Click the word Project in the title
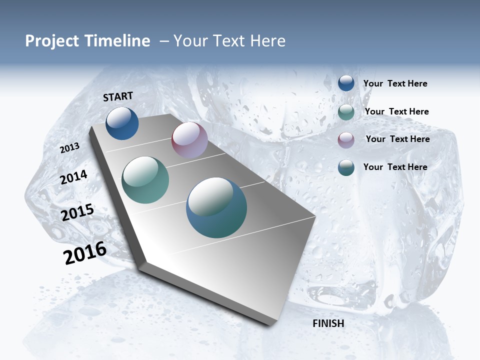[51, 41]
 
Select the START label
[118, 96]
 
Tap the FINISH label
[328, 323]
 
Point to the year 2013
[70, 148]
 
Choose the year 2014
[74, 177]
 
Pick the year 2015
[77, 212]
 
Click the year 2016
[85, 253]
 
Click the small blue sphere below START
[122, 123]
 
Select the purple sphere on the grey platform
[189, 140]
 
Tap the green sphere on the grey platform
[145, 180]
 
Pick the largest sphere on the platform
[216, 207]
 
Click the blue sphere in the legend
[346, 83]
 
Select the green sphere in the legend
[346, 111]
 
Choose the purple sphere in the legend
[346, 139]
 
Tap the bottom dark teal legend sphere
[346, 167]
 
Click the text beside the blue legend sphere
[395, 83]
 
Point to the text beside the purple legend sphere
[397, 139]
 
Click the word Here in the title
[267, 41]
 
